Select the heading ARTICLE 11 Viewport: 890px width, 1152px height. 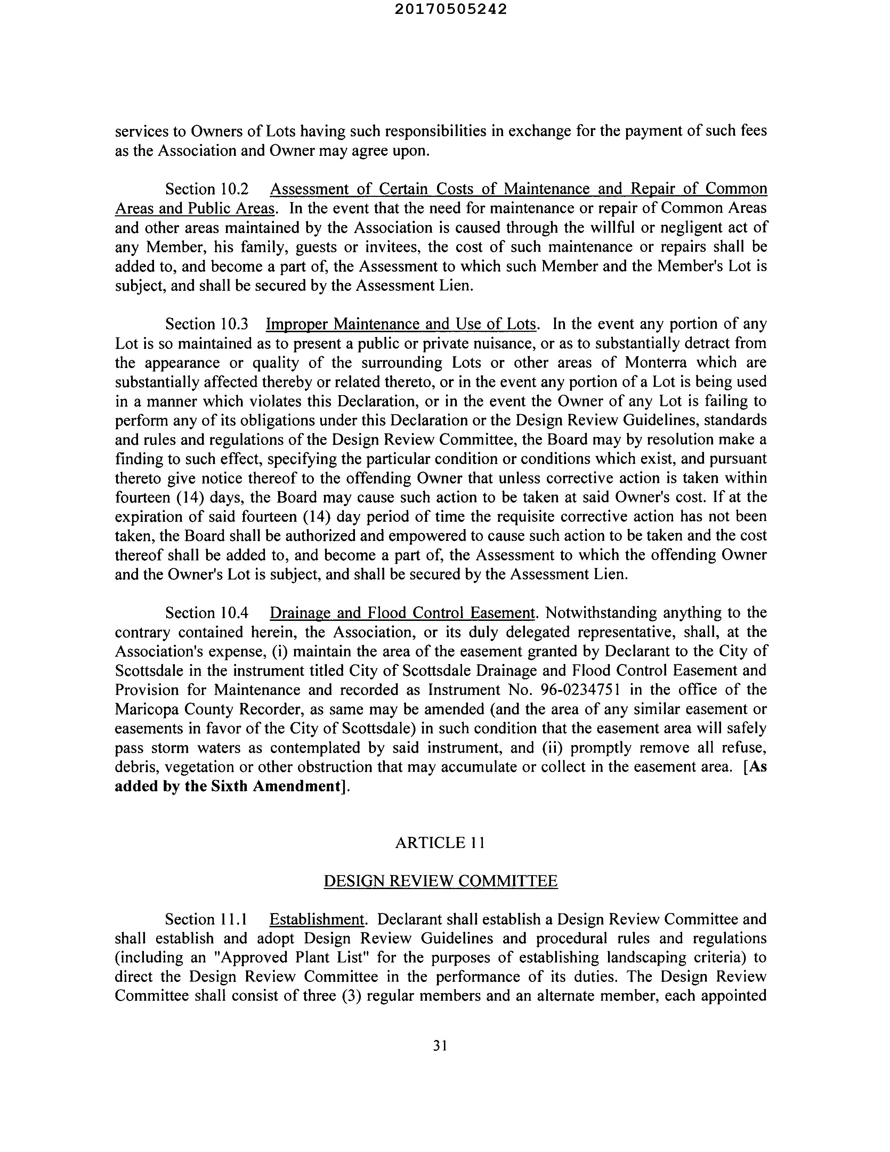click(x=440, y=842)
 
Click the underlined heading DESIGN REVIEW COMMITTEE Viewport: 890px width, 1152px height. click(x=440, y=881)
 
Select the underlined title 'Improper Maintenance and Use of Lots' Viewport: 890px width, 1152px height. click(x=401, y=324)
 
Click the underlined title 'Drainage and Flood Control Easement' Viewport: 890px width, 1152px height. click(x=402, y=613)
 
